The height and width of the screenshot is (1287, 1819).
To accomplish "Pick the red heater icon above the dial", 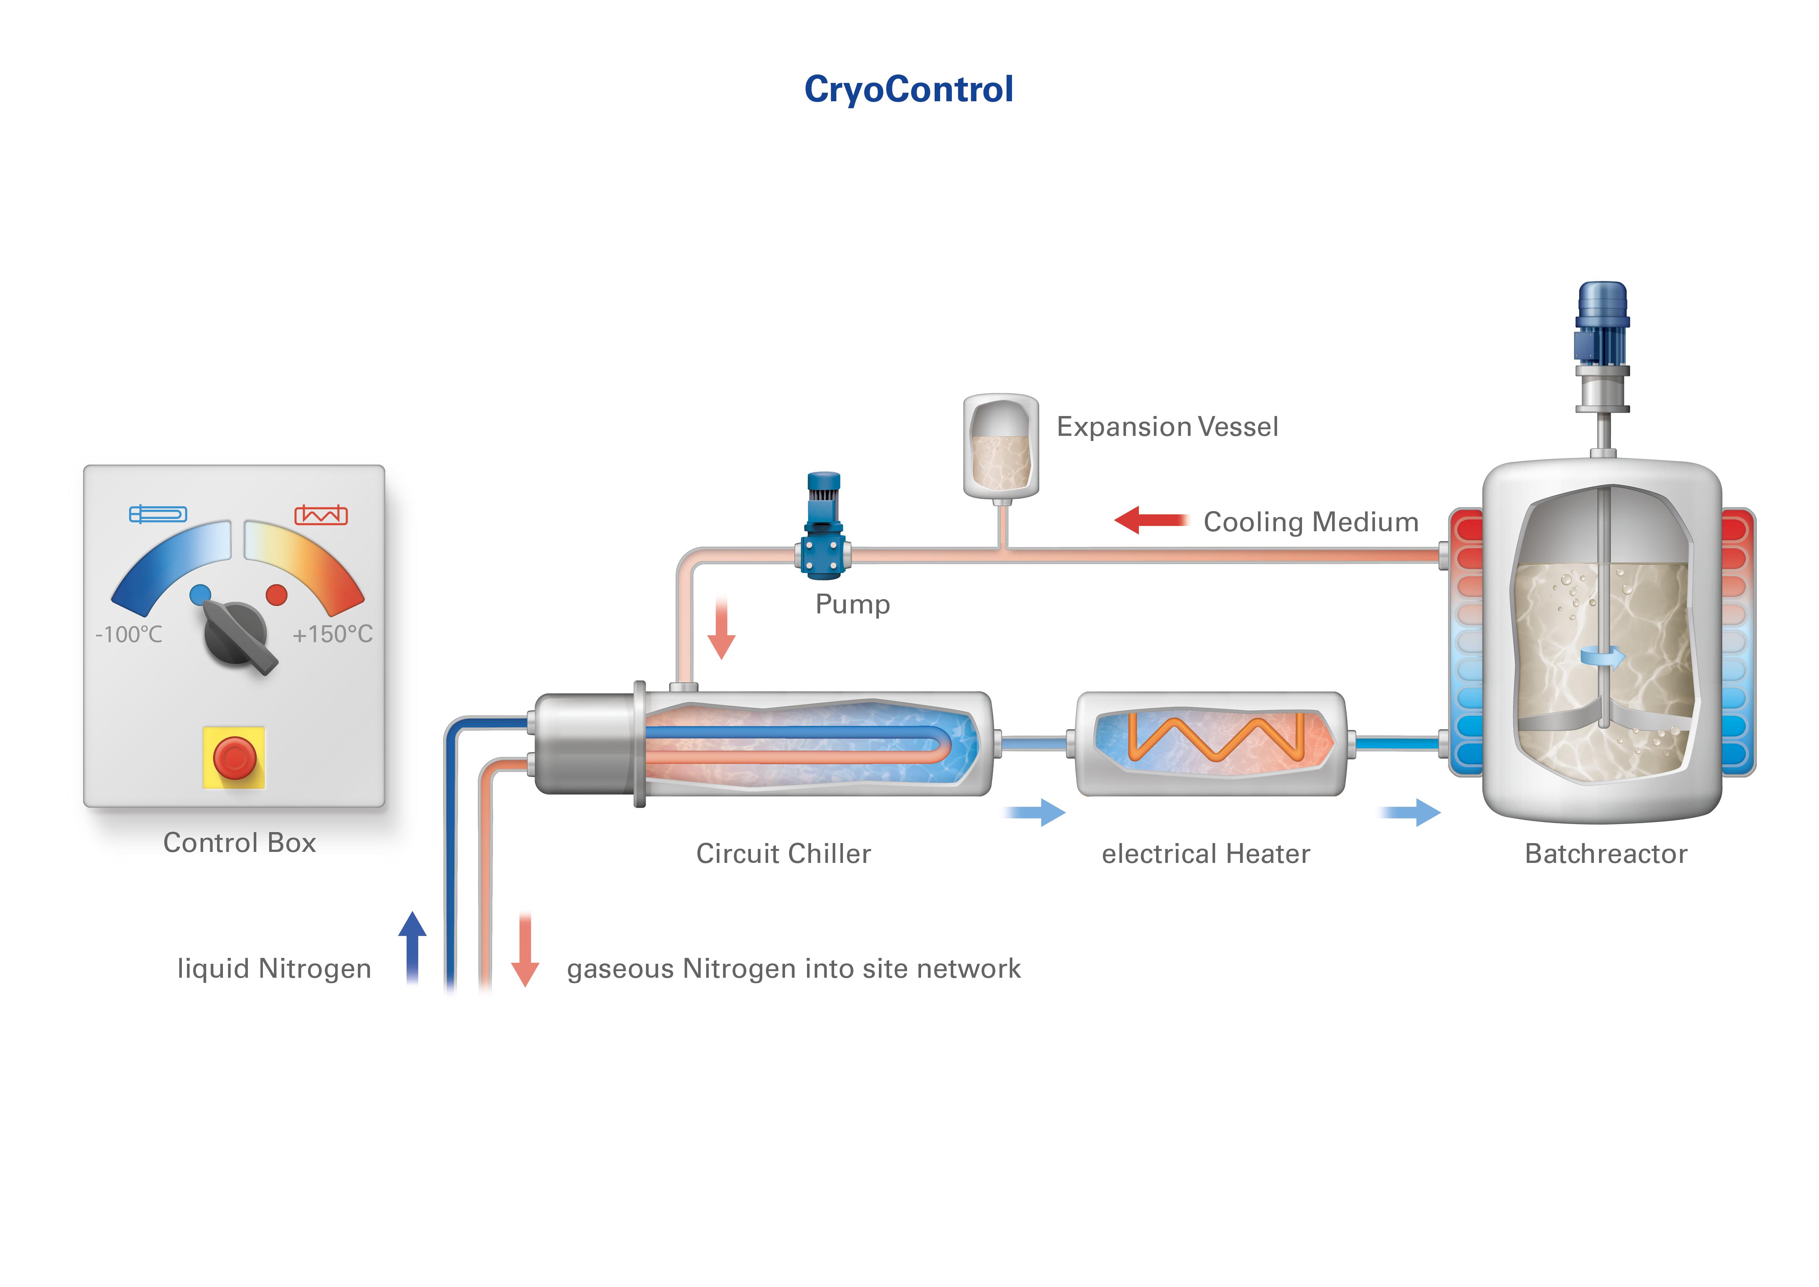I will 321,515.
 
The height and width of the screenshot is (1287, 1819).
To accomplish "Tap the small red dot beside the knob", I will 276,594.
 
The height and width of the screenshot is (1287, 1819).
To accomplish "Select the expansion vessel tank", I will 1001,448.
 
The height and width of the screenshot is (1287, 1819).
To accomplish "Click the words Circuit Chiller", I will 783,853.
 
